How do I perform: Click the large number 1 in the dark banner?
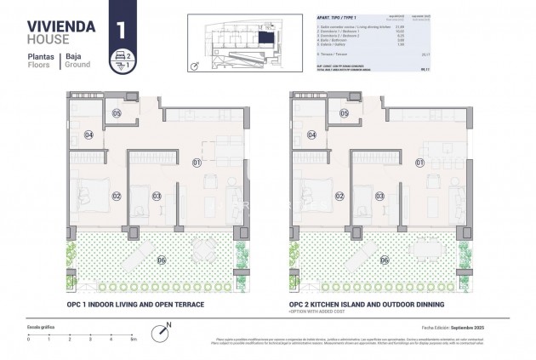click(x=123, y=28)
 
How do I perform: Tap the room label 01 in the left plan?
click(x=196, y=162)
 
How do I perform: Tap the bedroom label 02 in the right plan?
click(x=339, y=196)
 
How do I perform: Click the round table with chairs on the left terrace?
click(x=204, y=249)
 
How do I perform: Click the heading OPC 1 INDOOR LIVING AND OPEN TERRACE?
click(x=135, y=304)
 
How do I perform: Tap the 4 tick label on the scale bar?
click(x=111, y=339)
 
